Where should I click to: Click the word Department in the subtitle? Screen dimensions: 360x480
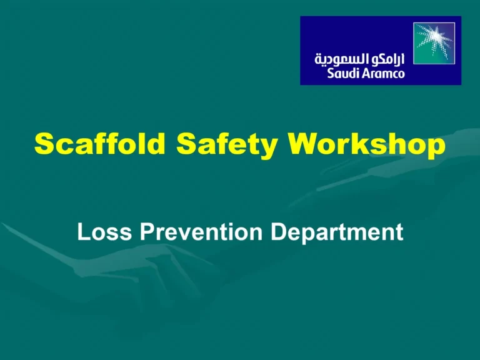[337, 233]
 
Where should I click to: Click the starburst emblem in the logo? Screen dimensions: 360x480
[435, 43]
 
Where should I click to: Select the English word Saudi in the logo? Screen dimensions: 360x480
[342, 72]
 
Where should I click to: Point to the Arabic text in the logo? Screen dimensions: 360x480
[359, 59]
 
